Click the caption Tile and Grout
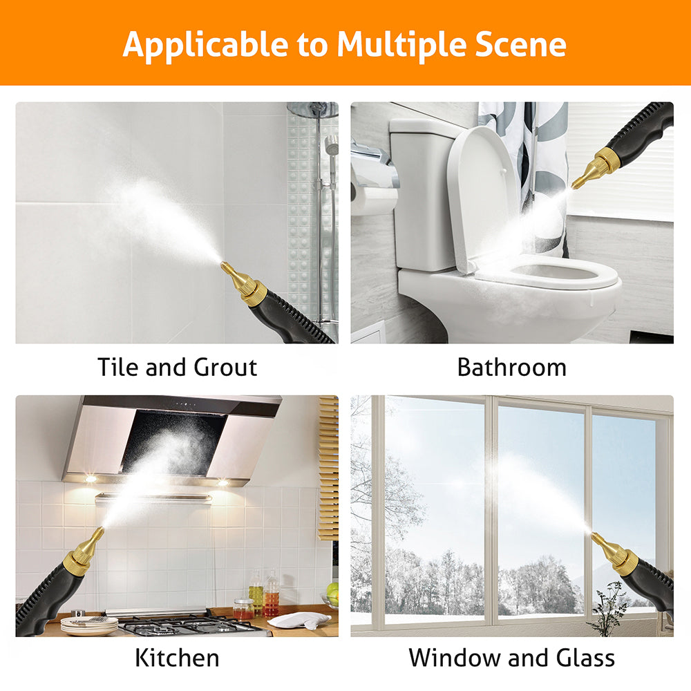[x=177, y=367]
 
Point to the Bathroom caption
[x=512, y=367]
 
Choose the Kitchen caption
[x=177, y=658]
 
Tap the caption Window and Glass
[x=511, y=658]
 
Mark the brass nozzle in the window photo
[x=615, y=553]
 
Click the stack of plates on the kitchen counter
[x=89, y=625]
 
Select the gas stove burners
[x=194, y=625]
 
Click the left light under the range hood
[x=91, y=479]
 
